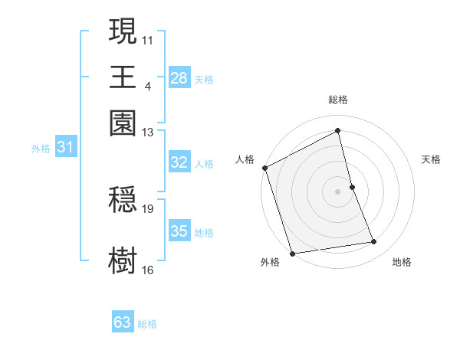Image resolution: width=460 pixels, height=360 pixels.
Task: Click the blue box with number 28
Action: pyautogui.click(x=179, y=78)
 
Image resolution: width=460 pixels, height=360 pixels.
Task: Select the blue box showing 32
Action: pyautogui.click(x=179, y=162)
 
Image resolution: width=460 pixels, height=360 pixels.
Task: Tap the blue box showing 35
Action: pyautogui.click(x=179, y=231)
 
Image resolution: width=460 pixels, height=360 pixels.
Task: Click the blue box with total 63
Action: pyautogui.click(x=123, y=322)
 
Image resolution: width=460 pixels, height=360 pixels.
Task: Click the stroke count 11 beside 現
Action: pyautogui.click(x=148, y=39)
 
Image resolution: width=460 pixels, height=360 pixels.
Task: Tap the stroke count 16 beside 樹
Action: pyautogui.click(x=148, y=269)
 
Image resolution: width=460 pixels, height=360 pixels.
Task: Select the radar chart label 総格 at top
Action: pyautogui.click(x=338, y=100)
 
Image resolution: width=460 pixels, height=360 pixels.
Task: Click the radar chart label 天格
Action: pyautogui.click(x=431, y=159)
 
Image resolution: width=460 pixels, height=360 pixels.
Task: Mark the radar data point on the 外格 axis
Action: pyautogui.click(x=292, y=253)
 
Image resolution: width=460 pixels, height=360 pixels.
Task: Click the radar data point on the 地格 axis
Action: pyautogui.click(x=374, y=242)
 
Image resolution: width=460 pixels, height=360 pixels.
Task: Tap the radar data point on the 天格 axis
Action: pyautogui.click(x=352, y=187)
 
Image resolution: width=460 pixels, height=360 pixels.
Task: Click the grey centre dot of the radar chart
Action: pyautogui.click(x=338, y=191)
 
